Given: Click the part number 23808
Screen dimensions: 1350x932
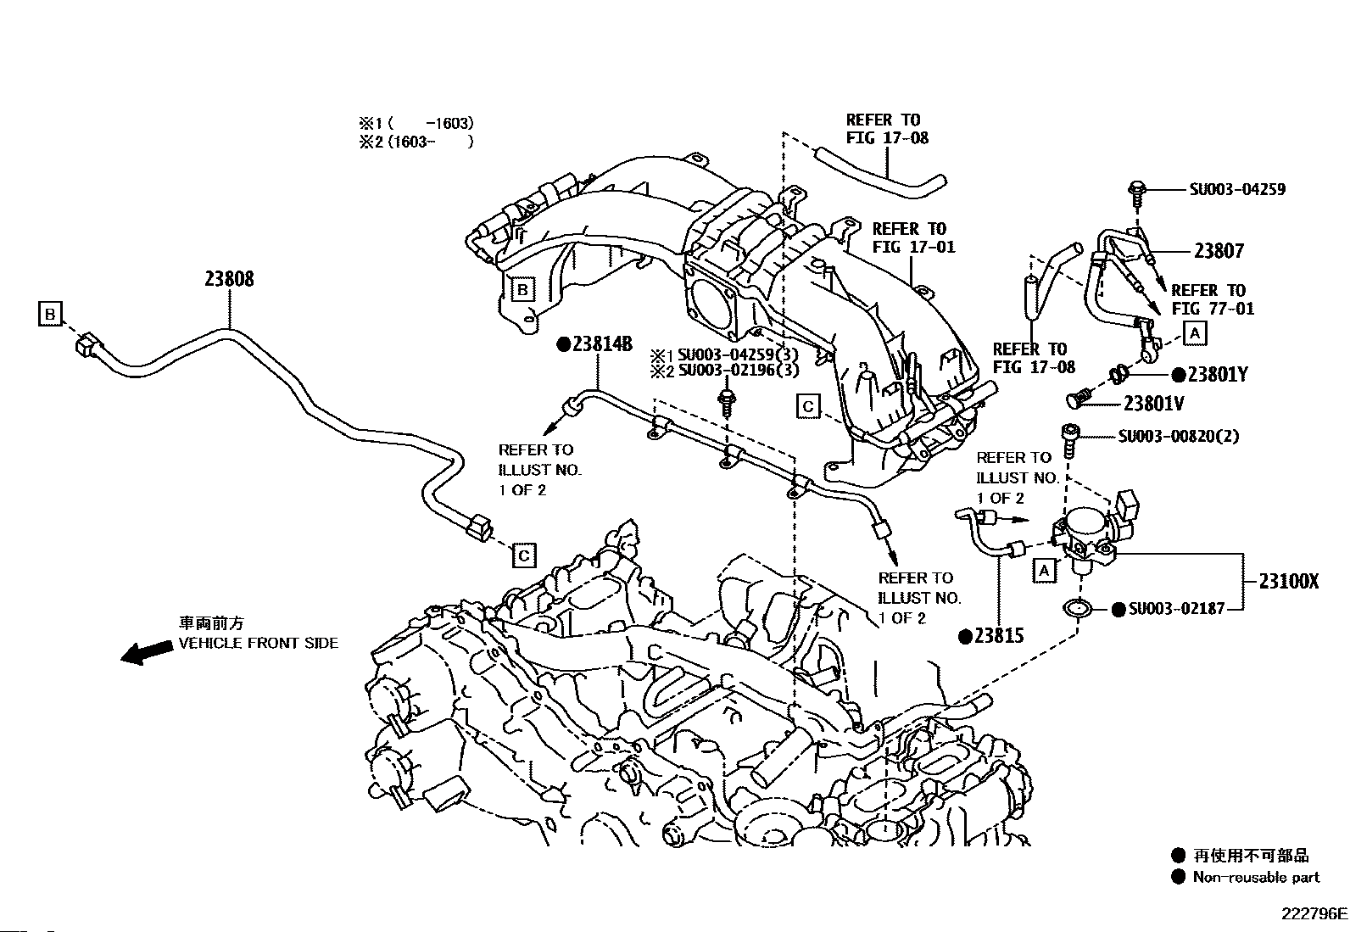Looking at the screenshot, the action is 229,278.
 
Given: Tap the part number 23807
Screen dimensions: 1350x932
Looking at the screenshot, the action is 1219,251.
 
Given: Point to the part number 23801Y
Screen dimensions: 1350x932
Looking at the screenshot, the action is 1218,375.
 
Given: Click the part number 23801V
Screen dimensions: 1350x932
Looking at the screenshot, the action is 1153,404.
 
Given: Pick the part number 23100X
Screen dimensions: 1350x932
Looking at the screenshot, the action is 1289,581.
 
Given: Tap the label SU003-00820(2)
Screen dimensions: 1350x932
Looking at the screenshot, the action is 1178,436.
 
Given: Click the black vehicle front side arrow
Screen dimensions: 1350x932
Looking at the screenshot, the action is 147,652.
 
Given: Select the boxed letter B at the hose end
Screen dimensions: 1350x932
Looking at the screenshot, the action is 50,314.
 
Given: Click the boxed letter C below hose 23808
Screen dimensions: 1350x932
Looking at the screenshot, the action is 524,555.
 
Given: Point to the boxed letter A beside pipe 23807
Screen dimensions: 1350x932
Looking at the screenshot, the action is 1195,333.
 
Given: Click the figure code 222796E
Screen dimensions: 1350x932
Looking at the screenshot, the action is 1314,914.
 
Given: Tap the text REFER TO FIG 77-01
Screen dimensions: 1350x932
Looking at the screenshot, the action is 1212,299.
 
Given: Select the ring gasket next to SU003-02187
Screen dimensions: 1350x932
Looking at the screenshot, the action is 1078,608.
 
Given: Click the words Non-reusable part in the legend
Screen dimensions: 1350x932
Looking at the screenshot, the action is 1256,877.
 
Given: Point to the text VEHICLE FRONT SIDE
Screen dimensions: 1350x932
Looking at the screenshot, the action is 258,643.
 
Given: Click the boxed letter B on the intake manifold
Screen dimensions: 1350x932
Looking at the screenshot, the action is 522,289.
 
